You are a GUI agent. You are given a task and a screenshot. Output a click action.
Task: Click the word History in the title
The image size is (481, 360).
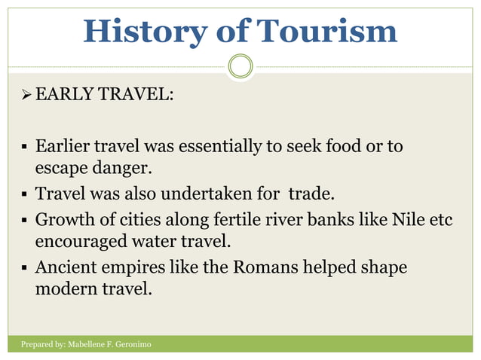coord(142,31)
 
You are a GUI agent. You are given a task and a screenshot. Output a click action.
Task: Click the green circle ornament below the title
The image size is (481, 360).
coord(240,67)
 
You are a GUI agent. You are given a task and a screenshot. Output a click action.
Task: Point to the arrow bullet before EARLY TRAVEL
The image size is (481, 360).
coord(26,97)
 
